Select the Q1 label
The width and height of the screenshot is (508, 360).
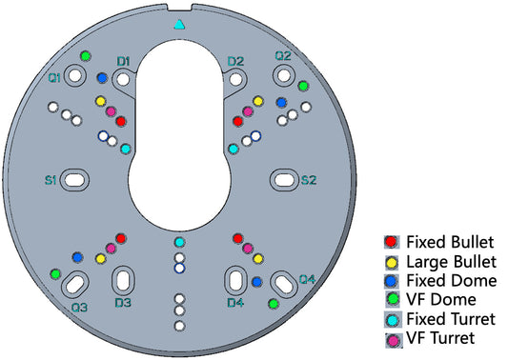pyautogui.click(x=55, y=76)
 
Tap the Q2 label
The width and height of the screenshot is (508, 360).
pyautogui.click(x=283, y=56)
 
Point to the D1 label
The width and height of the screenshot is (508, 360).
pyautogui.click(x=123, y=62)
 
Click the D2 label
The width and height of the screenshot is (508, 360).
pyautogui.click(x=235, y=62)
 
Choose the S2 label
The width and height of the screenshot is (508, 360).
pyautogui.click(x=309, y=179)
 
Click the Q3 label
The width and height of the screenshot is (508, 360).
pyautogui.click(x=80, y=308)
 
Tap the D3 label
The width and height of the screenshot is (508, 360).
pyautogui.click(x=123, y=303)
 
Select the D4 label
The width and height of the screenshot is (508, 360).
pyautogui.click(x=235, y=303)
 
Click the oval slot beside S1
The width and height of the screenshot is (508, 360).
pyautogui.click(x=76, y=178)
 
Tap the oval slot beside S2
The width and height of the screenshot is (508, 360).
pyautogui.click(x=284, y=178)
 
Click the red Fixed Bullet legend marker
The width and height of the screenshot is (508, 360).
pyautogui.click(x=391, y=242)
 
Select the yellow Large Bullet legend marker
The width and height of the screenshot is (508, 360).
pyautogui.click(x=391, y=261)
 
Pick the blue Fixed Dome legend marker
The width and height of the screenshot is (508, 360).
pyautogui.click(x=391, y=280)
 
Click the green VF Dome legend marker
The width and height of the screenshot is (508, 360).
pyautogui.click(x=391, y=299)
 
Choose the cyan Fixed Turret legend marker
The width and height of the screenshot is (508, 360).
pyautogui.click(x=391, y=318)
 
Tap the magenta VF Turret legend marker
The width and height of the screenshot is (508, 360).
pyautogui.click(x=391, y=338)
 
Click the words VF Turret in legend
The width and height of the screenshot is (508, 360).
pyautogui.click(x=439, y=338)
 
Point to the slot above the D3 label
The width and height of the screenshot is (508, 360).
pyautogui.click(x=124, y=280)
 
